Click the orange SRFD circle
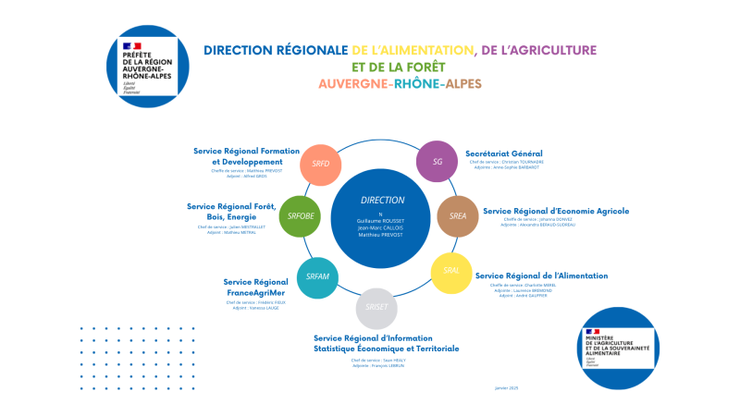[x=321, y=164]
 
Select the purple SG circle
[x=438, y=162]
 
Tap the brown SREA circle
[x=458, y=215]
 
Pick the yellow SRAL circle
[x=451, y=272]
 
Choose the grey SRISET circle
[x=376, y=308]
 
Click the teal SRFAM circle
[x=317, y=276]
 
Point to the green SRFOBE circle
[x=300, y=216]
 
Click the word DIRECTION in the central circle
[x=382, y=200]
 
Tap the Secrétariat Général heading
[x=503, y=153]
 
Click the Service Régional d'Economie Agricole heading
[x=556, y=210]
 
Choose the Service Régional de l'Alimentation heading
[x=541, y=275]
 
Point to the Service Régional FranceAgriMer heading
[x=256, y=287]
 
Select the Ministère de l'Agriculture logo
[x=620, y=349]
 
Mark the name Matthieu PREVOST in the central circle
[x=381, y=236]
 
